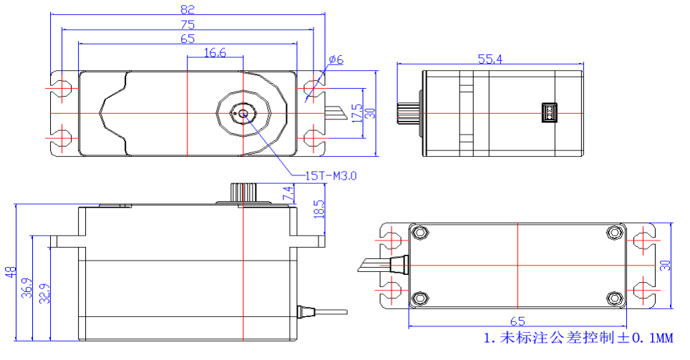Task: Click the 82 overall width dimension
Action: (188, 9)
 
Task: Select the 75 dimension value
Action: (188, 24)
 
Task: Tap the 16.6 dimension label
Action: (215, 52)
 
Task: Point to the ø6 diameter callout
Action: (336, 60)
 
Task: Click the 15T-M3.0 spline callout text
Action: (331, 175)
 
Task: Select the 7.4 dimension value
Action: (288, 193)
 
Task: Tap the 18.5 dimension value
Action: (319, 210)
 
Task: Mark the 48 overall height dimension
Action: (10, 272)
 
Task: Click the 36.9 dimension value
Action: (26, 288)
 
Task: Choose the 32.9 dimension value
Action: (44, 293)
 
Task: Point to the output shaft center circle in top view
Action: (243, 114)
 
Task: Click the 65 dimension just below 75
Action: (188, 39)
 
